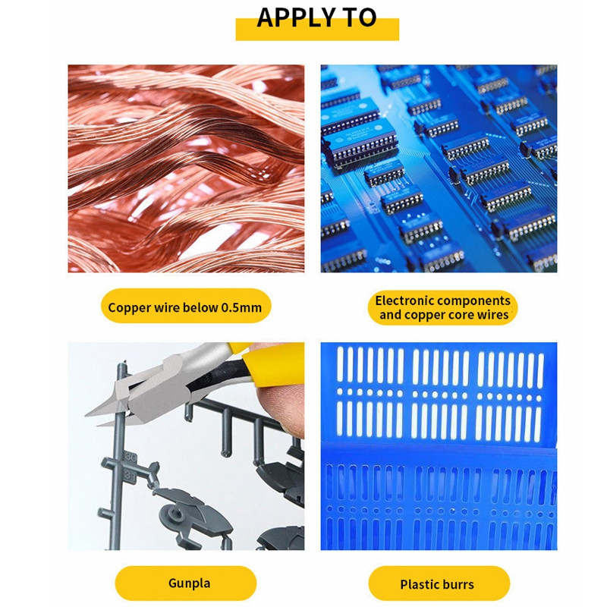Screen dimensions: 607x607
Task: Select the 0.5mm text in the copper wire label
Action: point(241,307)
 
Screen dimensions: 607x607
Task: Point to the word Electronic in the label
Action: point(407,300)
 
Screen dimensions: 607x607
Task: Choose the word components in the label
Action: point(475,300)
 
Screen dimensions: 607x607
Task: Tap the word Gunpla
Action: point(189,584)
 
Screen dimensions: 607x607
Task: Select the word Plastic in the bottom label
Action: point(420,584)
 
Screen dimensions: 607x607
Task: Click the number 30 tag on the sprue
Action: point(131,458)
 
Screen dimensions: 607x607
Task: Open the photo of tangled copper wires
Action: point(186,168)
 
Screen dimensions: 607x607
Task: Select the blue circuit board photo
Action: point(439,168)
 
